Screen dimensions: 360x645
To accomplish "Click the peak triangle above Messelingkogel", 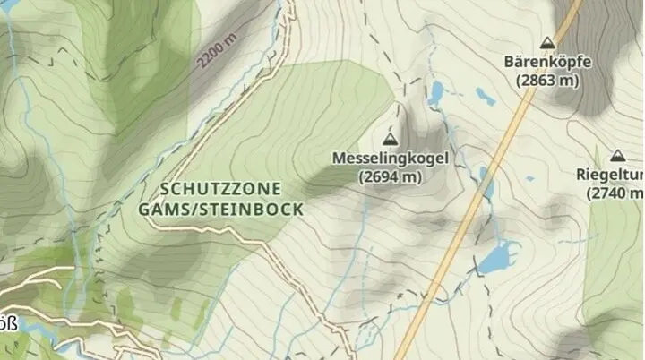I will [390, 139].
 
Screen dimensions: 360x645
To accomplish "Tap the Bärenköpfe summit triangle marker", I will [547, 43].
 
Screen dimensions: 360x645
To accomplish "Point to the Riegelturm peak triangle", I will [617, 155].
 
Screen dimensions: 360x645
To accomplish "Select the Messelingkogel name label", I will [390, 159].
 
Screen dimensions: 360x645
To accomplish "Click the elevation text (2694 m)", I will [390, 176].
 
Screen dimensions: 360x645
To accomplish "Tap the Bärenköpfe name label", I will [547, 62].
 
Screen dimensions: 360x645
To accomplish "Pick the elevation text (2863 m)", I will [547, 80].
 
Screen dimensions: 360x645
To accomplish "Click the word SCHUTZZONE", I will [221, 189].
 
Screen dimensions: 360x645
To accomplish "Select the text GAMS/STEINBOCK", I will [221, 209].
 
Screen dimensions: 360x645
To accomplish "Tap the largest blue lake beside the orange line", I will [496, 257].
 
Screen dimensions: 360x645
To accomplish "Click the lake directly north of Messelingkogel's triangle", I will [436, 92].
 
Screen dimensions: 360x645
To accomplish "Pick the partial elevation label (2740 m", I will [617, 193].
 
